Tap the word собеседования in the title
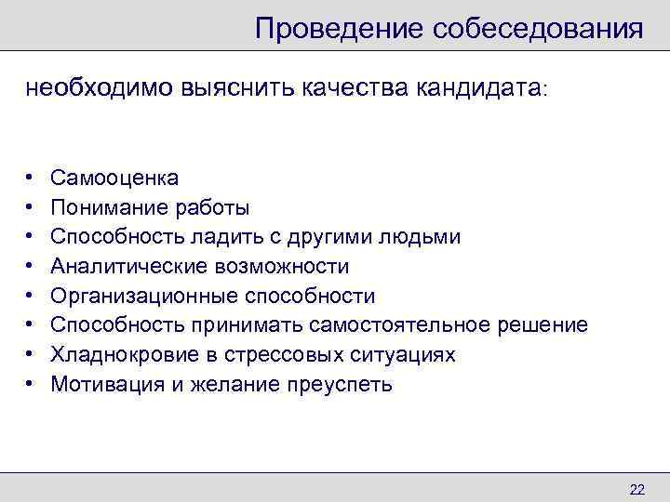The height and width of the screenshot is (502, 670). coord(537,28)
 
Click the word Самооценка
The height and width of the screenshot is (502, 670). coord(115,178)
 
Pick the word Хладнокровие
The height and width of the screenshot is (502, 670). coord(114,355)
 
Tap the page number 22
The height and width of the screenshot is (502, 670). coord(636,490)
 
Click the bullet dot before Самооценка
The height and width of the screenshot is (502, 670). coord(30,178)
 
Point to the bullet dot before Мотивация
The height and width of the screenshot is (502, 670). coord(30,385)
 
